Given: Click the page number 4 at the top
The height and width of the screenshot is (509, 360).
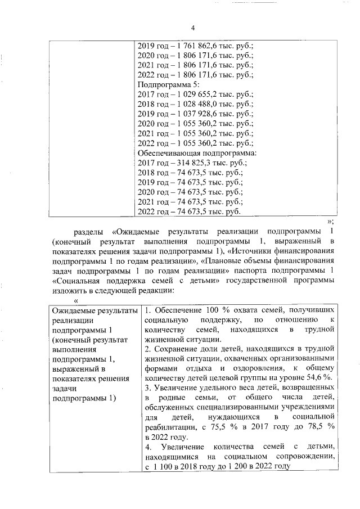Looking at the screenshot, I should pyautogui.click(x=192, y=29).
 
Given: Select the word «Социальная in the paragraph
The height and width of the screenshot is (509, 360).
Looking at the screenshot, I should pyautogui.click(x=75, y=281).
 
